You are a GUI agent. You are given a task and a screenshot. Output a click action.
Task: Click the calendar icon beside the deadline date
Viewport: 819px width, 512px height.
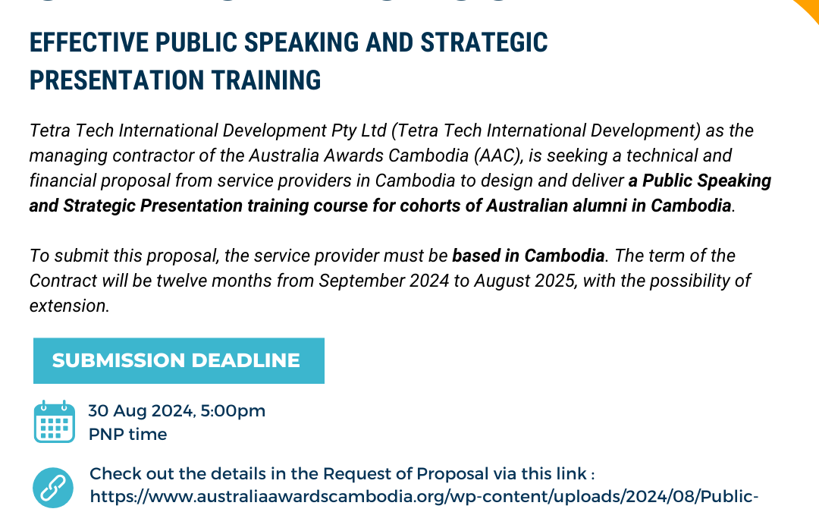pos(54,422)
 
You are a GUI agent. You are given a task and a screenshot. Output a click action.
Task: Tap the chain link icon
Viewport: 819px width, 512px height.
pos(54,486)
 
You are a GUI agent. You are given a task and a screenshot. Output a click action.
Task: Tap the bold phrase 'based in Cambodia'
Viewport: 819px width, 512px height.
pos(529,256)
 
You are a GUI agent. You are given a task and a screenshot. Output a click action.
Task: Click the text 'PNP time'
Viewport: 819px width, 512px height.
pos(127,434)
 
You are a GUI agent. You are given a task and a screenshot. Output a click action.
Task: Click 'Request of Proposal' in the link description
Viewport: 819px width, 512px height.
pos(406,474)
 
